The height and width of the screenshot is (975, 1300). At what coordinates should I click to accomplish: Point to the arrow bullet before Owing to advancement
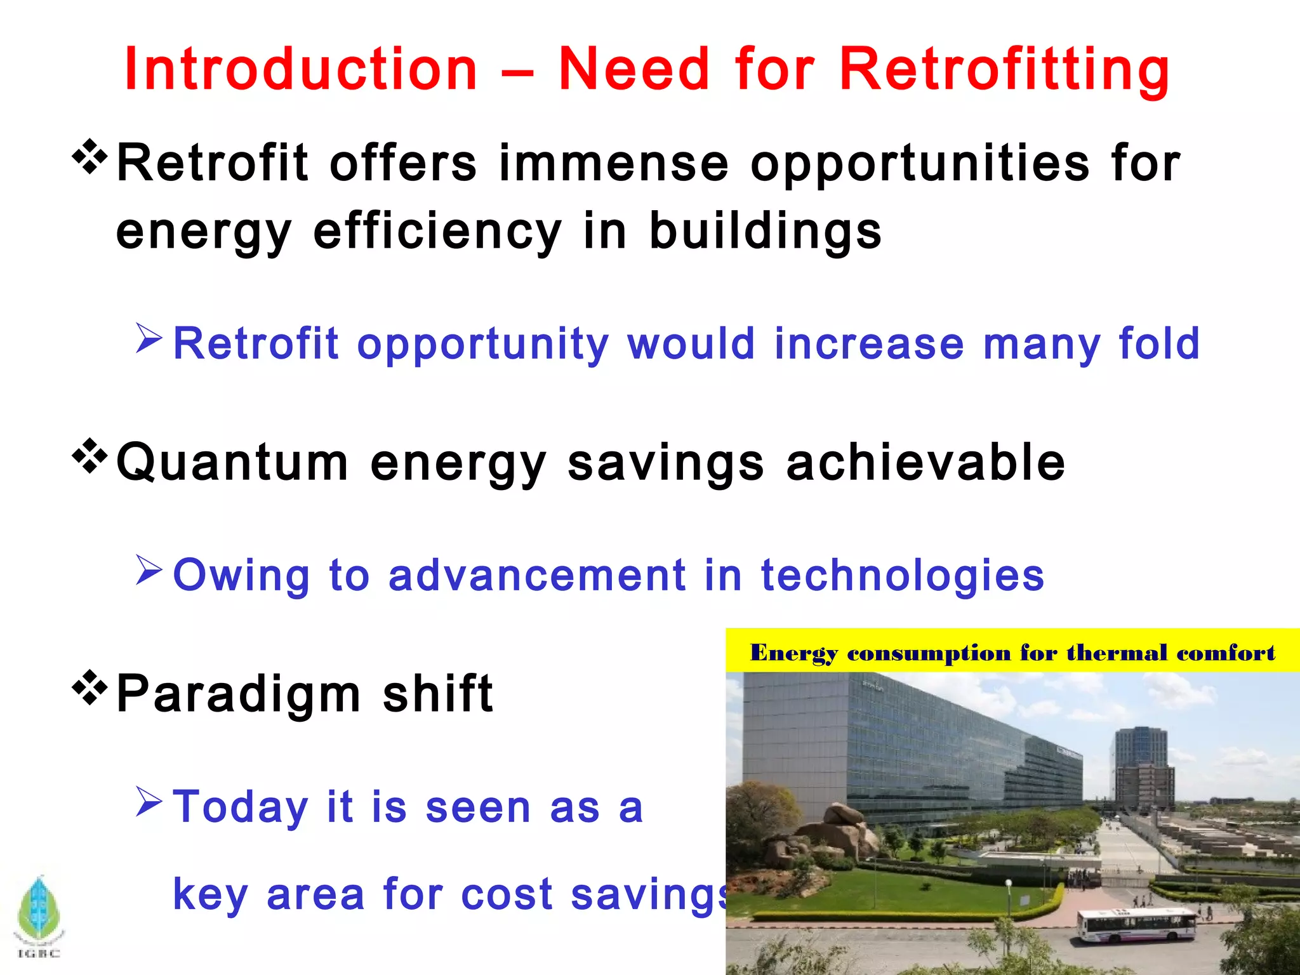(149, 569)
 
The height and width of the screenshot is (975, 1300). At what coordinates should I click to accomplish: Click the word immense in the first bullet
(613, 163)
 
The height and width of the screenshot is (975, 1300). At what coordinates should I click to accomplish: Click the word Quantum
(232, 462)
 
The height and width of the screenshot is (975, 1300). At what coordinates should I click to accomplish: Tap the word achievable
(925, 462)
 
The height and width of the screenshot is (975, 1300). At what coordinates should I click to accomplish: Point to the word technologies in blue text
(902, 574)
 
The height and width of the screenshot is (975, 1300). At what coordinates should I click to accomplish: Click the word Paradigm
(239, 694)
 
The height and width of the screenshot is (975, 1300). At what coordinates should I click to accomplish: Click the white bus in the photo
(1136, 925)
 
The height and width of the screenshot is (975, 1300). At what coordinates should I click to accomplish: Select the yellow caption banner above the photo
(1012, 651)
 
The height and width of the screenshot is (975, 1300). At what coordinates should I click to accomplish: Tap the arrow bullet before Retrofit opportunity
(149, 338)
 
